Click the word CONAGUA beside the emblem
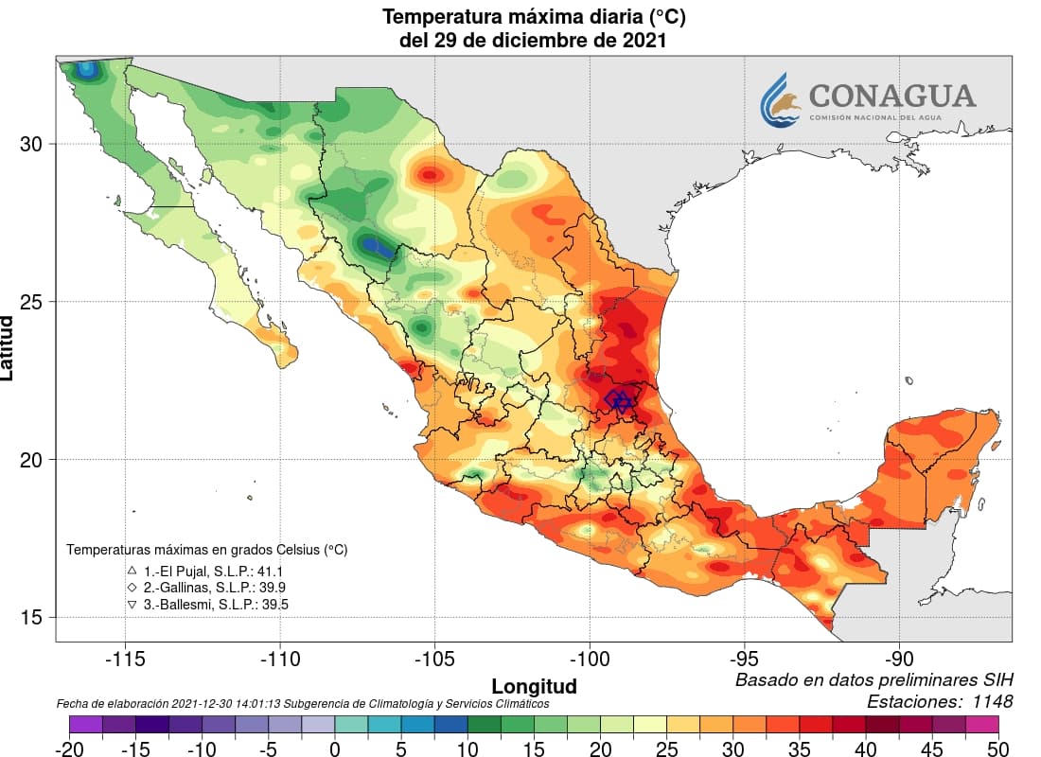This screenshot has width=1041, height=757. coord(891,96)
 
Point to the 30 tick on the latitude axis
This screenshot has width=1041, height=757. coord(32,144)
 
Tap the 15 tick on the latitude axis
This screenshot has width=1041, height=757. coord(32,617)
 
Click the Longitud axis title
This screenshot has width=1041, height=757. coord(534,685)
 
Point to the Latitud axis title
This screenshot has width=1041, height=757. coord(9,349)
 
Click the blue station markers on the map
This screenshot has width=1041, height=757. coord(620,400)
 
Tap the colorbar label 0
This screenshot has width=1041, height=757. coord(334,748)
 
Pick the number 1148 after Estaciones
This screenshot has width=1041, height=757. coord(990,701)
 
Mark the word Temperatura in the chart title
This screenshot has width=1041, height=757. coord(439,17)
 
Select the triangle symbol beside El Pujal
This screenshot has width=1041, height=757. coord(132,572)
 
